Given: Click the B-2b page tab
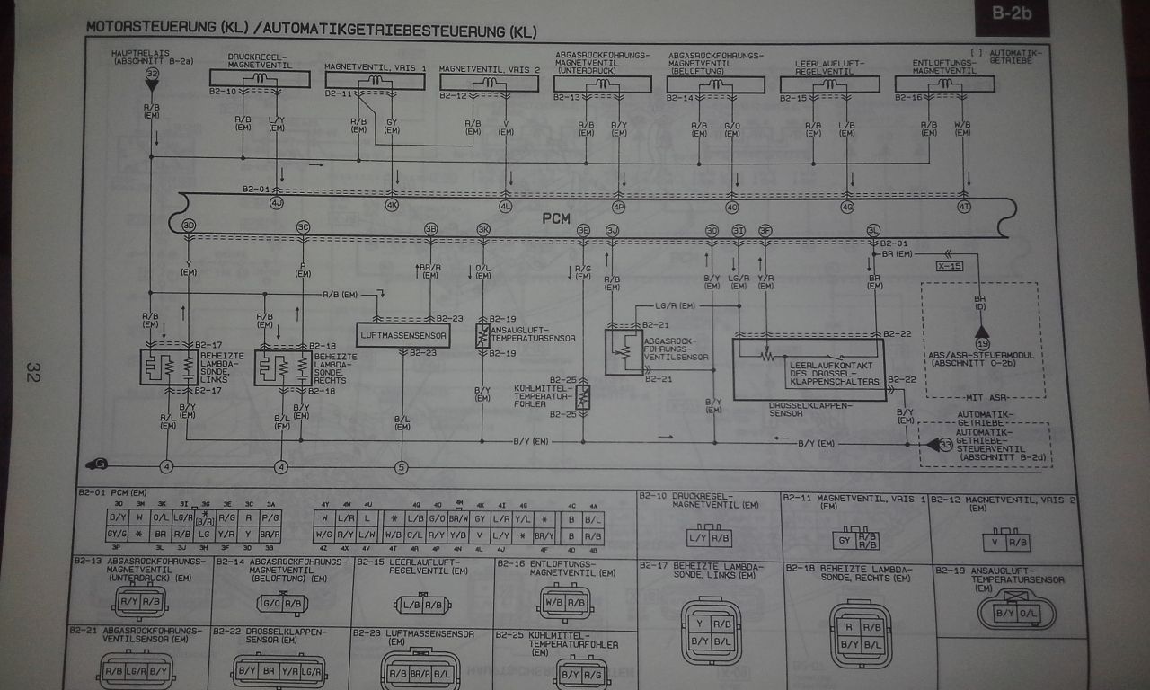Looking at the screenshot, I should (x=1012, y=14).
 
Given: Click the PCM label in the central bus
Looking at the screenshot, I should (x=557, y=218).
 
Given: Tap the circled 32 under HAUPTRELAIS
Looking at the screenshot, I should (x=152, y=74).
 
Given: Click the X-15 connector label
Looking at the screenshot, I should (x=949, y=267).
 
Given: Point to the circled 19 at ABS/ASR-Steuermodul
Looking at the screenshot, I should (x=982, y=344).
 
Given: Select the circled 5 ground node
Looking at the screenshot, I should (x=401, y=466).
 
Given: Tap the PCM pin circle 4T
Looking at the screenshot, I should (x=964, y=207).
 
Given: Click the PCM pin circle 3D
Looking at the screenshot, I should (x=189, y=226).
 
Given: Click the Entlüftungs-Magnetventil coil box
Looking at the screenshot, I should (x=945, y=84).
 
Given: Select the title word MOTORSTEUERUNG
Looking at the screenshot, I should (x=151, y=27).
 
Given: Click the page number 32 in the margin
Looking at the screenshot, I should (x=33, y=372).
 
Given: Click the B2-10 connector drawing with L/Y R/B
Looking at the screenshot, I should (x=708, y=538).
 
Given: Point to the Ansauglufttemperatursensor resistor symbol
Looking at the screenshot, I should (x=482, y=336).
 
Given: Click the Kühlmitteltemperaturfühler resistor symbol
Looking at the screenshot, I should (x=582, y=396).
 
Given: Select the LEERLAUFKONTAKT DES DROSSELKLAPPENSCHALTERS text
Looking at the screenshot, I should (x=831, y=374).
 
